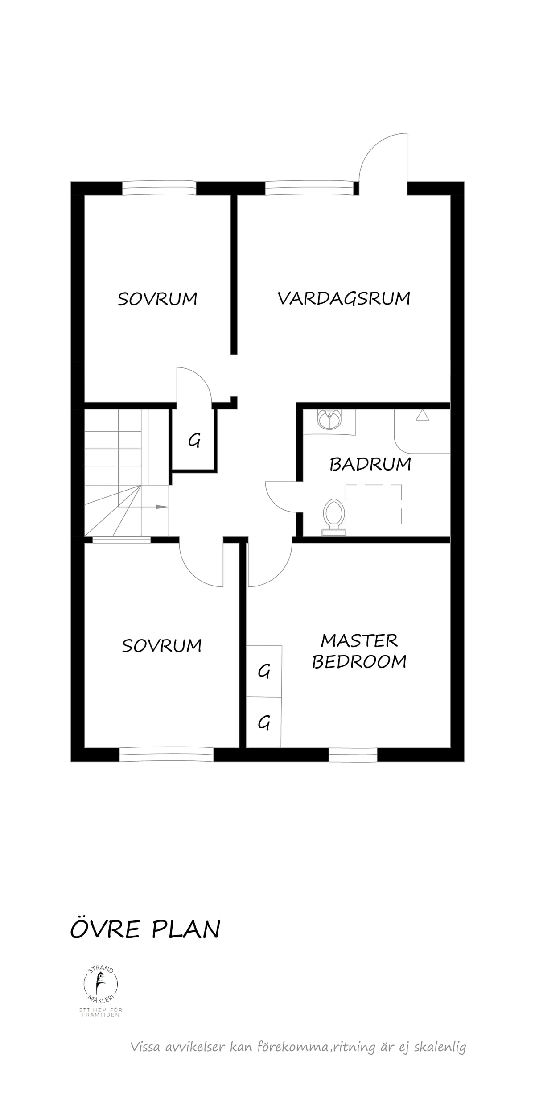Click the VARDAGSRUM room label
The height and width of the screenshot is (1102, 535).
pyautogui.click(x=344, y=298)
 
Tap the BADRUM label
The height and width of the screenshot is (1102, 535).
pyautogui.click(x=370, y=464)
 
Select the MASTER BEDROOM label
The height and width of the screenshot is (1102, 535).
pyautogui.click(x=359, y=651)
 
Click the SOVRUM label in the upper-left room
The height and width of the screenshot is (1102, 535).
pyautogui.click(x=157, y=298)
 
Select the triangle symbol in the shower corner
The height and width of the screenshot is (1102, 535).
pyautogui.click(x=422, y=415)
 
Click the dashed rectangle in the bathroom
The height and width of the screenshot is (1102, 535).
pyautogui.click(x=374, y=504)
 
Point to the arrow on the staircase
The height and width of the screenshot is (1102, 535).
pyautogui.click(x=155, y=507)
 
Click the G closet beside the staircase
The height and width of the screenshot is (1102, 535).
pyautogui.click(x=194, y=440)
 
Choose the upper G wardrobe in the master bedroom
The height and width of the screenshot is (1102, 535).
pyautogui.click(x=264, y=671)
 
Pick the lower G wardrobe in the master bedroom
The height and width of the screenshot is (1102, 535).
pyautogui.click(x=264, y=722)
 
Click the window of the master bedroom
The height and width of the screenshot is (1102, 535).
pyautogui.click(x=353, y=754)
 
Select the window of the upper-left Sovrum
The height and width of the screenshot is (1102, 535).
pyautogui.click(x=159, y=188)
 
